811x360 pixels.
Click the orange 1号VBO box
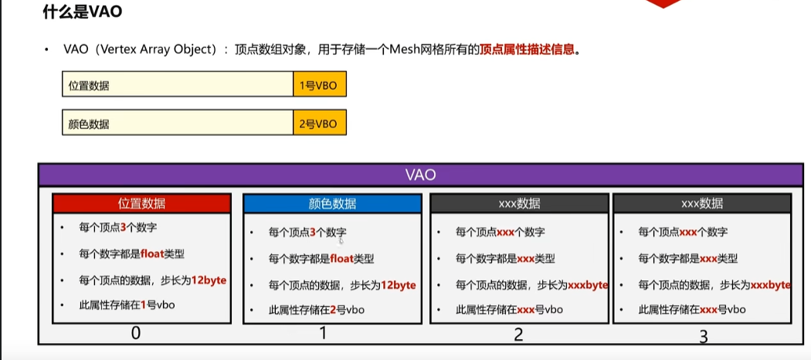coord(319,86)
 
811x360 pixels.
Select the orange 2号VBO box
coord(319,124)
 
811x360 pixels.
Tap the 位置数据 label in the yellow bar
coord(89,86)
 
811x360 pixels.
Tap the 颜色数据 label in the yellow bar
coord(89,124)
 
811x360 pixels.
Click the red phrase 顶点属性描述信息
coord(528,49)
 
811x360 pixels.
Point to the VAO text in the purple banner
coord(421,175)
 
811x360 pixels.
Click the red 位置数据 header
coord(141,203)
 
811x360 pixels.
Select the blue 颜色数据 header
coord(332,203)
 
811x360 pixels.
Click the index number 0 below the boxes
coord(136,334)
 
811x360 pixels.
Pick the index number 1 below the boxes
coord(323,334)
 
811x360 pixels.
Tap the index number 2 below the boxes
coord(519,335)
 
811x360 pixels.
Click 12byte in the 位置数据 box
coord(209,280)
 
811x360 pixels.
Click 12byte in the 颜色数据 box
coord(398,285)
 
